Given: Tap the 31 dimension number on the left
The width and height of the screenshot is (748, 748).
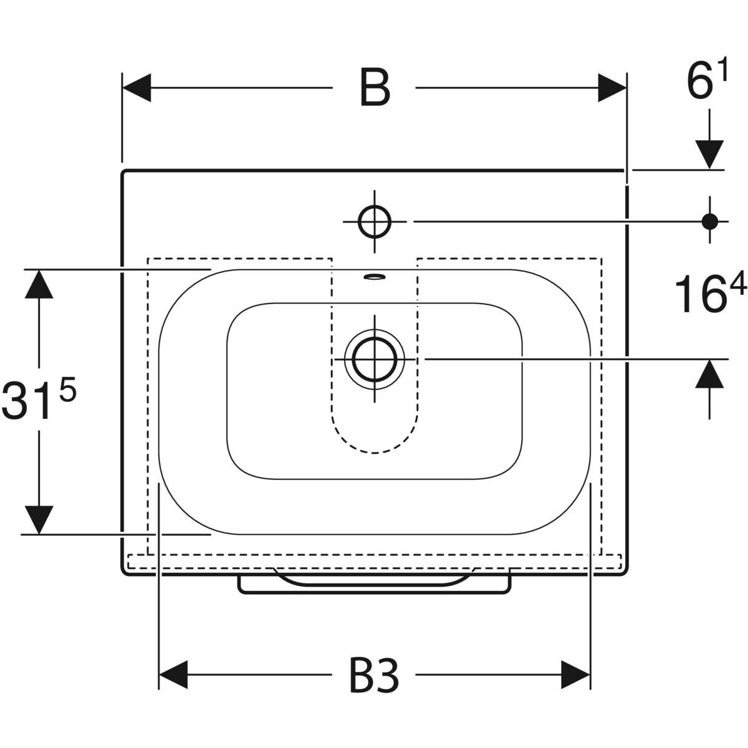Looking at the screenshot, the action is click(26, 401).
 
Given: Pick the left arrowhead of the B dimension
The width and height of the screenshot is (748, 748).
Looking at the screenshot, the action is click(137, 88).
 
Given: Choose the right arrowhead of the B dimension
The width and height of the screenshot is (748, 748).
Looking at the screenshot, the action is click(612, 88).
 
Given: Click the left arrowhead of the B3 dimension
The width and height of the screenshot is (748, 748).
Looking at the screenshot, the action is click(173, 674).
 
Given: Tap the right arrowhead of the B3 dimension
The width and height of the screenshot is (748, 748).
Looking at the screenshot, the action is click(576, 674).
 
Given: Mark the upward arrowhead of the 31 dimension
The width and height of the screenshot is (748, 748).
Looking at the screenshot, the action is click(39, 284).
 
